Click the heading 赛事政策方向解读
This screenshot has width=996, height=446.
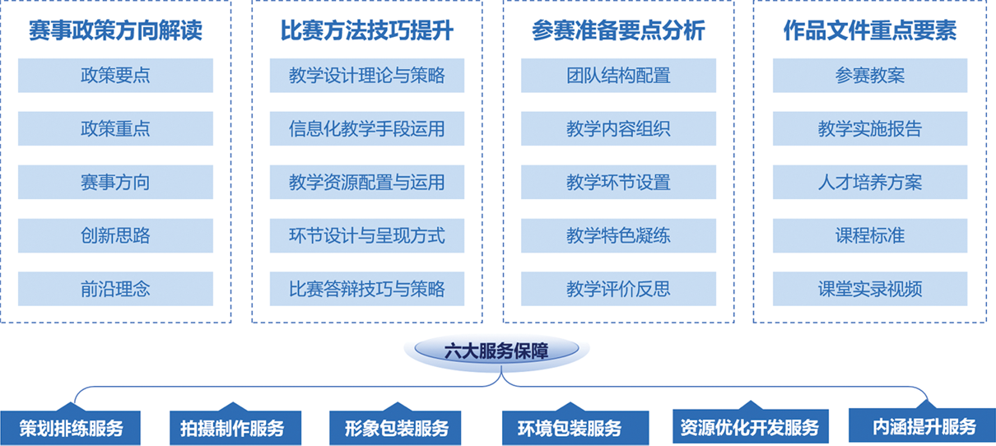[115, 30]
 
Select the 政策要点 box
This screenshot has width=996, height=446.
[115, 75]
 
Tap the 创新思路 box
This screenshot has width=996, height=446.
[115, 235]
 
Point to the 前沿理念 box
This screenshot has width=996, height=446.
[115, 289]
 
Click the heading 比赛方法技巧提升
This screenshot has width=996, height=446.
[367, 30]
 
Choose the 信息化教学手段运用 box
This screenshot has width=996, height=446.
[367, 128]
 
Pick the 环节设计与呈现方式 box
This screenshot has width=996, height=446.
[367, 235]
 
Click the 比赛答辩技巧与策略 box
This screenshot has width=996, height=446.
[367, 289]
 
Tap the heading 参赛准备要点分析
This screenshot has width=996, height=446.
[618, 30]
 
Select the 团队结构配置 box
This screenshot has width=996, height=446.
[618, 75]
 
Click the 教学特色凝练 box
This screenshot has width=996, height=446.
[618, 235]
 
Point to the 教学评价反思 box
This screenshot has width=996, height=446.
[618, 289]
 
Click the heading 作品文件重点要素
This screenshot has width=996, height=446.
[870, 30]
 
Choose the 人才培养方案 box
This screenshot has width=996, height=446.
[870, 182]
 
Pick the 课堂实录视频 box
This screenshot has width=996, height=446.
[870, 289]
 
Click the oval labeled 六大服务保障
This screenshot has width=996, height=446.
[496, 351]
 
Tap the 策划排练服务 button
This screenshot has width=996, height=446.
[71, 428]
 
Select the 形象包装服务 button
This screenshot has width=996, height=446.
[395, 428]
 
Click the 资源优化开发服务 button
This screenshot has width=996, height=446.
[751, 427]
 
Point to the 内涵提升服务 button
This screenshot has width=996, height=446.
[922, 425]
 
